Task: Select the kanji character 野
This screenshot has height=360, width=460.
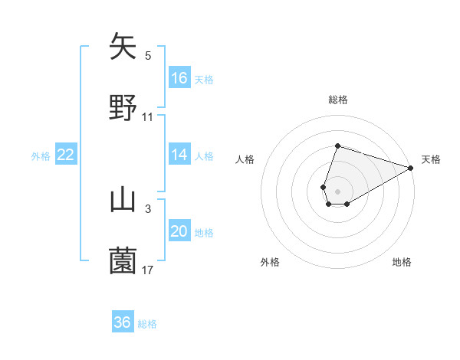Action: (123, 106)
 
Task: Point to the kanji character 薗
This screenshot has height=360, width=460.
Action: (123, 260)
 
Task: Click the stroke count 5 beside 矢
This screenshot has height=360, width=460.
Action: (148, 55)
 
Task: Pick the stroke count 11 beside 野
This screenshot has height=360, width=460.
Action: (148, 116)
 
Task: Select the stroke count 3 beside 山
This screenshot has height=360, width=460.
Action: (148, 208)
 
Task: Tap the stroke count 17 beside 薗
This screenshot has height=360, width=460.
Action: (148, 270)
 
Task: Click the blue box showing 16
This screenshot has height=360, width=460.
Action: (179, 78)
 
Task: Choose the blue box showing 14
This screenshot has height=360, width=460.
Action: (179, 155)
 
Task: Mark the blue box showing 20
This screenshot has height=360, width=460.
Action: (179, 231)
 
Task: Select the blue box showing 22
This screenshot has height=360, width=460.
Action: (66, 155)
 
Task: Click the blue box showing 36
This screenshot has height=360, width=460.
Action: (123, 322)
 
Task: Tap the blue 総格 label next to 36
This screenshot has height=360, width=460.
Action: (148, 324)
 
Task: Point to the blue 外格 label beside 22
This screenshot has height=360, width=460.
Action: (41, 156)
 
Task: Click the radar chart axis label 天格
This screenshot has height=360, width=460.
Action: (431, 159)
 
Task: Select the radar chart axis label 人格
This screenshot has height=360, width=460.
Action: (245, 159)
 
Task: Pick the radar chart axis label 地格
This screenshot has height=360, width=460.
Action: (402, 263)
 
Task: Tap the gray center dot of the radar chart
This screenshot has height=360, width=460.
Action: (337, 190)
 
